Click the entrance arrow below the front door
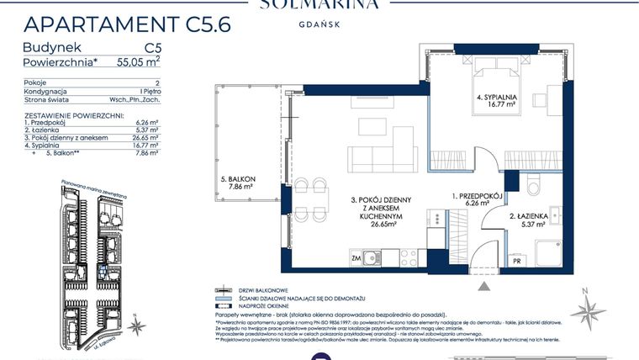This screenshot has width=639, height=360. [484, 287]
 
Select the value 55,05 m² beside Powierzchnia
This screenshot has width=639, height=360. [135, 61]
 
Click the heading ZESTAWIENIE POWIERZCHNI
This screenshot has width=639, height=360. [75, 113]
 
